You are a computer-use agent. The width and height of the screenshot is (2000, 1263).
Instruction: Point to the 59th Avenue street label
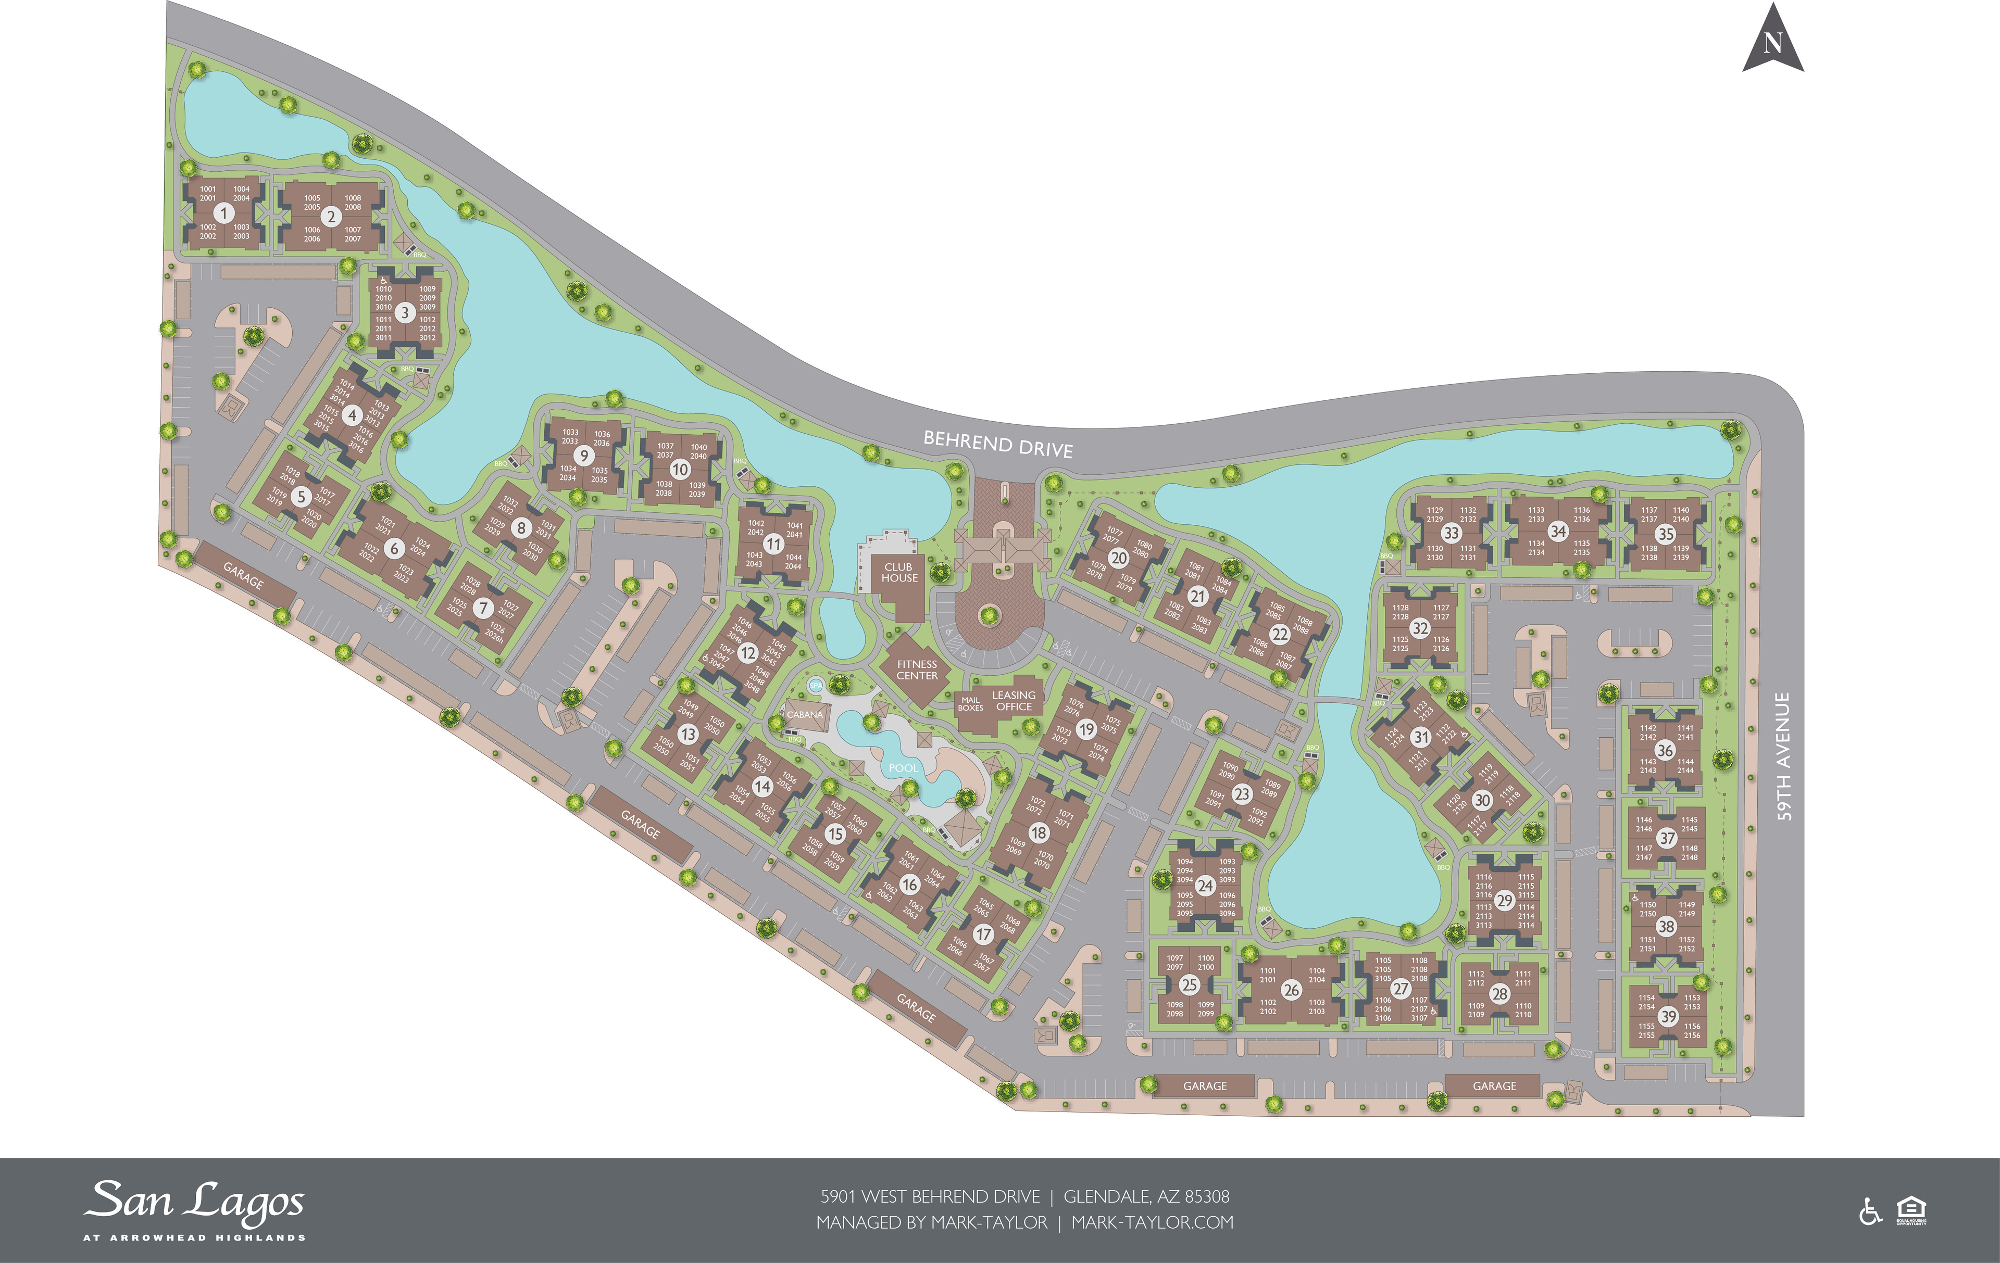coord(1782,755)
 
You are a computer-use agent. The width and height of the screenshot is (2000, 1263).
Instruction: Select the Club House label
coord(899,572)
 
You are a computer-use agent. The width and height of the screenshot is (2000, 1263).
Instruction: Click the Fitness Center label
coord(917,670)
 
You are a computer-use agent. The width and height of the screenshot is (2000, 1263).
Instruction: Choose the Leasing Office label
coord(1014,701)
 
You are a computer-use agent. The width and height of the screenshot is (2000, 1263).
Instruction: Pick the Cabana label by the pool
coord(805,714)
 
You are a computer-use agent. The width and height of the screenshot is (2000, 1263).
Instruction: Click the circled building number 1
coord(223,213)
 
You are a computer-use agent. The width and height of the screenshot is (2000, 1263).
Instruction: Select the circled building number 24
coord(1205,886)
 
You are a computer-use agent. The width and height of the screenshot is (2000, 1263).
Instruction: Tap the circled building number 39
coord(1668,1016)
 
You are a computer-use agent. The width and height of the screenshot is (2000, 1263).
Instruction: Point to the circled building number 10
coord(679,469)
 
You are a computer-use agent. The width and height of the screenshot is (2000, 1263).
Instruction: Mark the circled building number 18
coord(1038,832)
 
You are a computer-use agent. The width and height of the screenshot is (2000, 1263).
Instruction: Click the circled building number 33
coord(1451,533)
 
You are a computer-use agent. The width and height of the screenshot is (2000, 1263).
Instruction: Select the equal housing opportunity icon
coord(1911,1211)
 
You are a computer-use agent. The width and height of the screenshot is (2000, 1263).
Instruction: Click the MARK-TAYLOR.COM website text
coord(1152,1222)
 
